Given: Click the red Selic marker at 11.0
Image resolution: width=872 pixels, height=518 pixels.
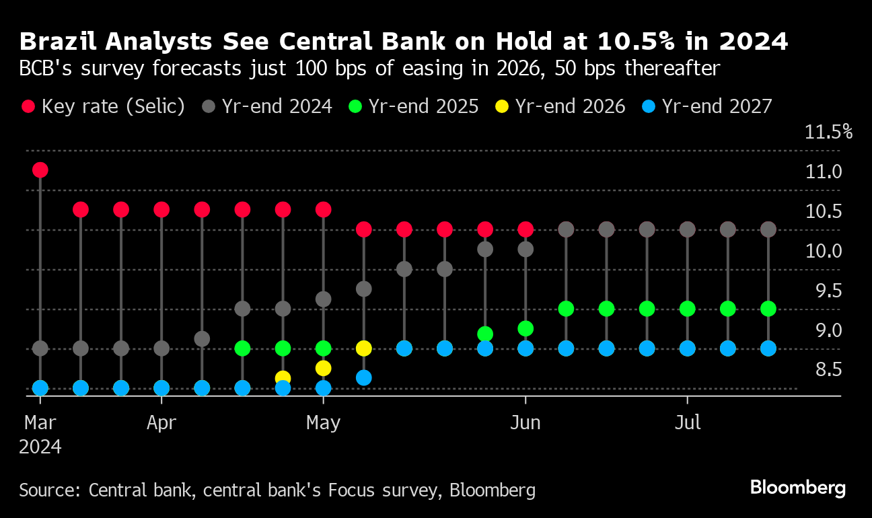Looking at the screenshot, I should (40, 170).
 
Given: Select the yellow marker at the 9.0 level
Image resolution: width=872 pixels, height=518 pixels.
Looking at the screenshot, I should (364, 348).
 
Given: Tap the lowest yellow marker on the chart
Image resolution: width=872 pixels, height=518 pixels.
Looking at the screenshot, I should (283, 378).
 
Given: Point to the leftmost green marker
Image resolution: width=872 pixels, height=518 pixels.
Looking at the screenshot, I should (242, 348).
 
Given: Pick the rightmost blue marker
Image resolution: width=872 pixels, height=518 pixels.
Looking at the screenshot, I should (768, 348).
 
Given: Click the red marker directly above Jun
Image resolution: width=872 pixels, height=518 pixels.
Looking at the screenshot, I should (525, 229).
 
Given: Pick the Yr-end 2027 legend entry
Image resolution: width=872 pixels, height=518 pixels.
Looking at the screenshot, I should (717, 106).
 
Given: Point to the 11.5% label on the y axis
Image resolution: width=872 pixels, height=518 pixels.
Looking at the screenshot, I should (828, 132).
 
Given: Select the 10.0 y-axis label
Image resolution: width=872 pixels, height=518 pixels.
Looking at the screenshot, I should (823, 251).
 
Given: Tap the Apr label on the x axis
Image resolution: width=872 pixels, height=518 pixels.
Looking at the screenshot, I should (161, 422).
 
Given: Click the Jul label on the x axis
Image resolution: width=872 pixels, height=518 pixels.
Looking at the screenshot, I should (688, 422).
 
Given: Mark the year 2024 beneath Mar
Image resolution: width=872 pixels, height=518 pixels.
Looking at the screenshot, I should (40, 447).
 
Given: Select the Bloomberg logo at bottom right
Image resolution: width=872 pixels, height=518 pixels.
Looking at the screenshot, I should (798, 488).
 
